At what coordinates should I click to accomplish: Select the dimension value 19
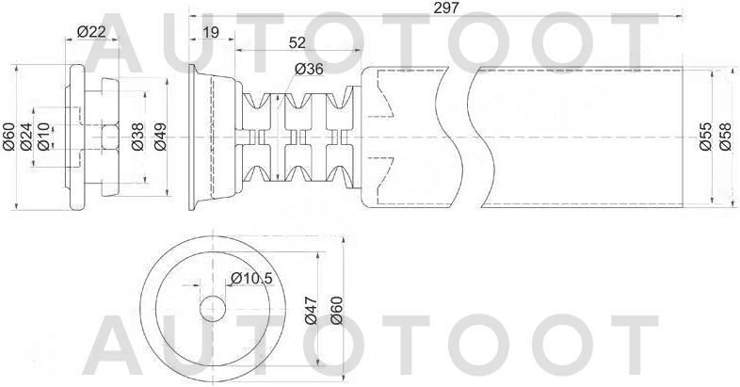(211, 33)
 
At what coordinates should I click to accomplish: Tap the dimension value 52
(297, 42)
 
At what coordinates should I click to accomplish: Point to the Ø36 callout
(309, 69)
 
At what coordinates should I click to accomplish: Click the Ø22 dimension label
(90, 32)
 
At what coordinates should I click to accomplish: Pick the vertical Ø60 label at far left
(8, 137)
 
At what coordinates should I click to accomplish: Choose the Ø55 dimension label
(705, 137)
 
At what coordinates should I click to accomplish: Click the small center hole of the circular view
(214, 308)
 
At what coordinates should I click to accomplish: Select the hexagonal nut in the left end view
(105, 137)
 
